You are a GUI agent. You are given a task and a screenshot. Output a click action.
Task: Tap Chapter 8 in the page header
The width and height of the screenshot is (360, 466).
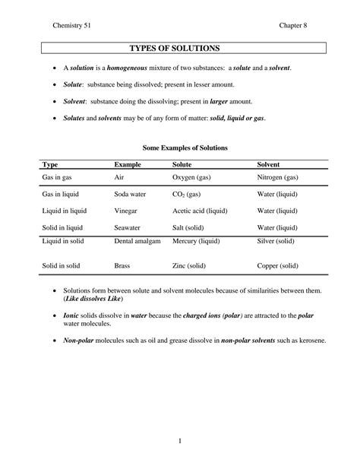292,27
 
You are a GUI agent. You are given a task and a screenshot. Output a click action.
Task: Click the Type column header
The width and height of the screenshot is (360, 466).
50,164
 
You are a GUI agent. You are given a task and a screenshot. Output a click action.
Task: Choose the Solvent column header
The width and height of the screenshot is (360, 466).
269,164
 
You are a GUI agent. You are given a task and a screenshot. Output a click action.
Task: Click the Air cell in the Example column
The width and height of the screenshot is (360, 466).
119,178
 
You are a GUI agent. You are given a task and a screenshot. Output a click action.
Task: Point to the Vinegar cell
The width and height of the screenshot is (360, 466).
125,211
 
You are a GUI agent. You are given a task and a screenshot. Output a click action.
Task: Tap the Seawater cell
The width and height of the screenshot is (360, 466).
128,227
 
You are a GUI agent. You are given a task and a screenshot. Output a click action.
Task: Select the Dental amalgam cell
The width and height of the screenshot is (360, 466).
135,242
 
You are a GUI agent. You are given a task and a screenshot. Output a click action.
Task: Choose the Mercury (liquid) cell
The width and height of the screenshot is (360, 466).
198,242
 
